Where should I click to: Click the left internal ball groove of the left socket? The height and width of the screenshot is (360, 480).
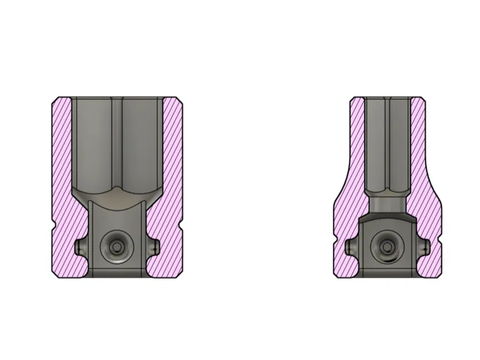click(x=80, y=247)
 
